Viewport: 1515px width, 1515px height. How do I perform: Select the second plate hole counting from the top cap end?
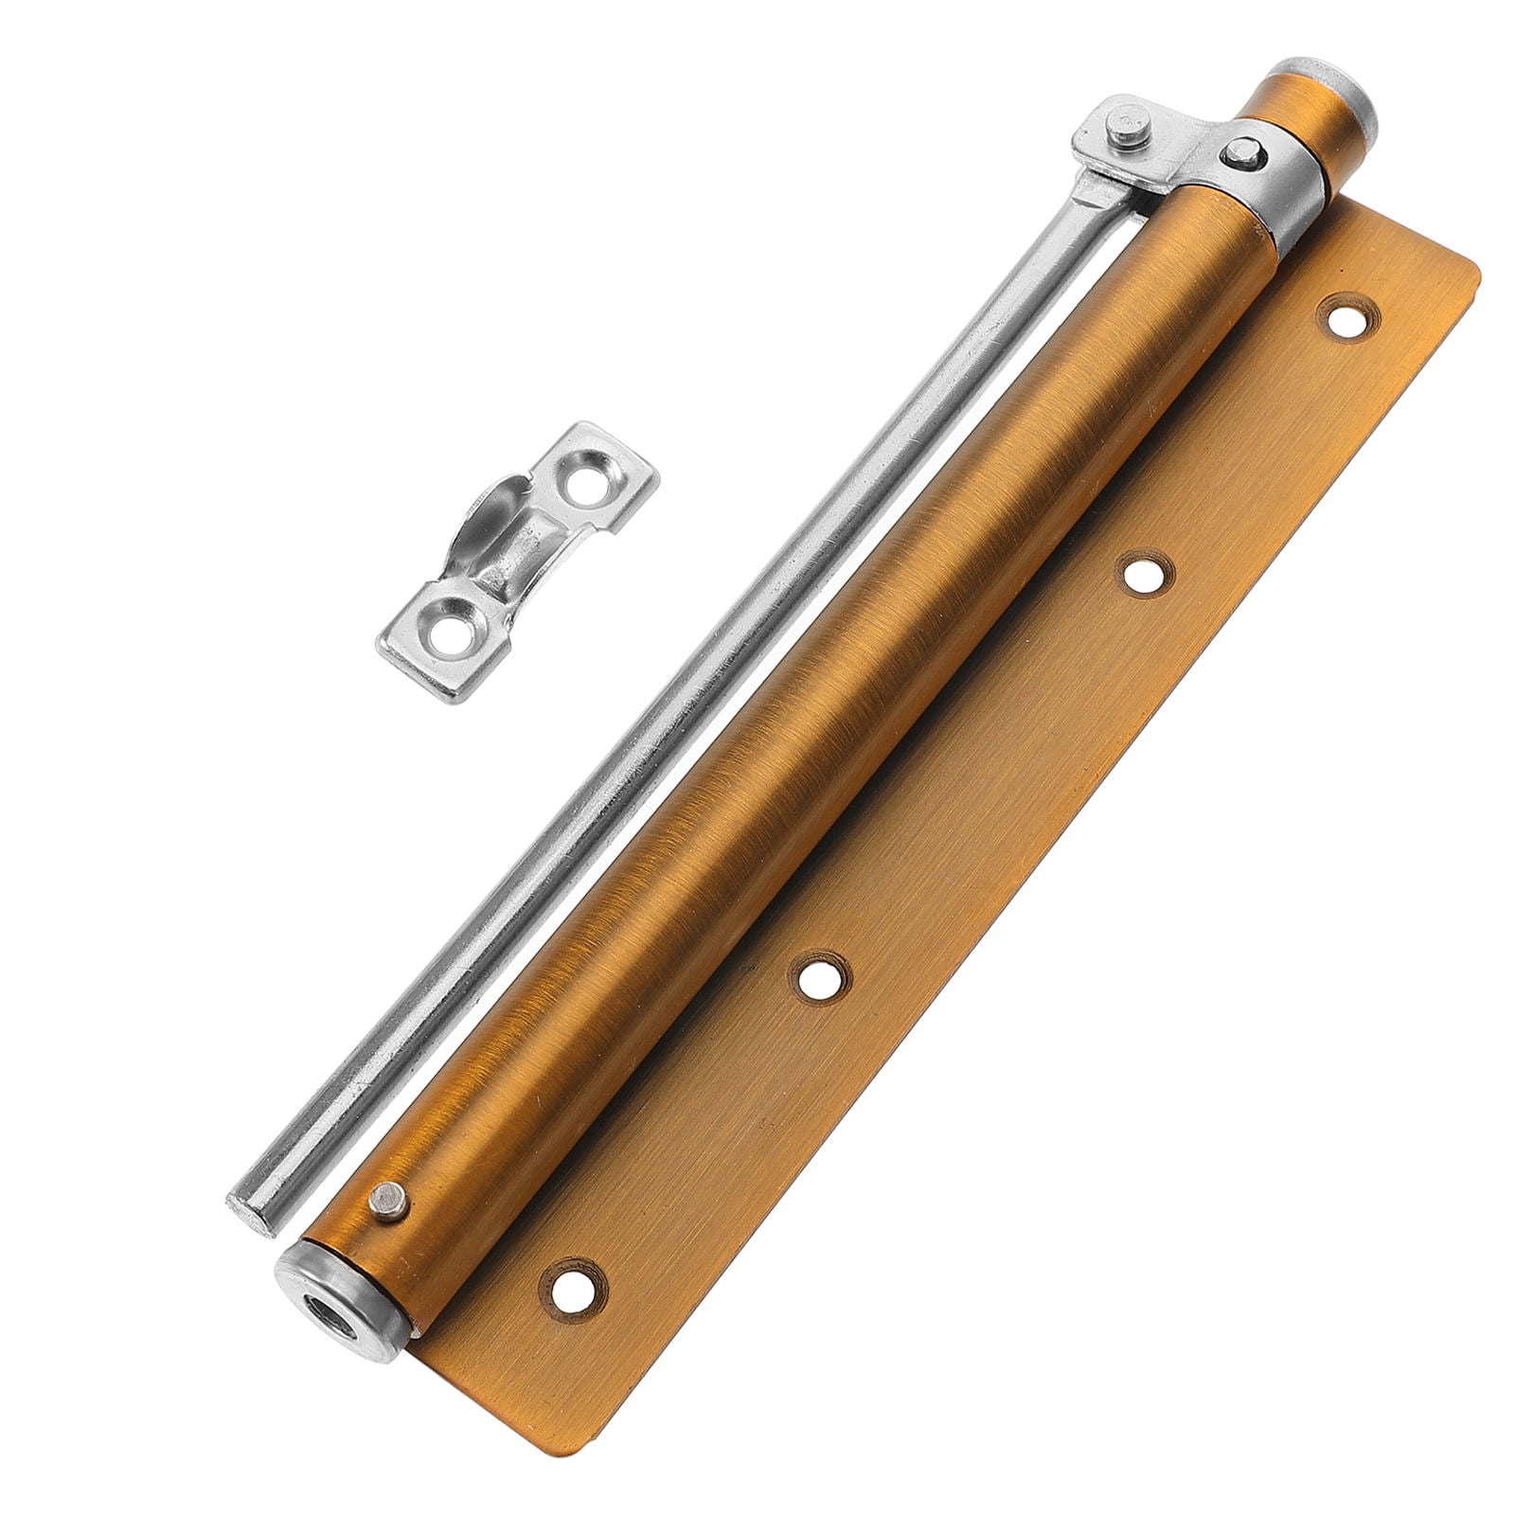click(1144, 574)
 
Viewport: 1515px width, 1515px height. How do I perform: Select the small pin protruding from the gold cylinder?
click(387, 1203)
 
